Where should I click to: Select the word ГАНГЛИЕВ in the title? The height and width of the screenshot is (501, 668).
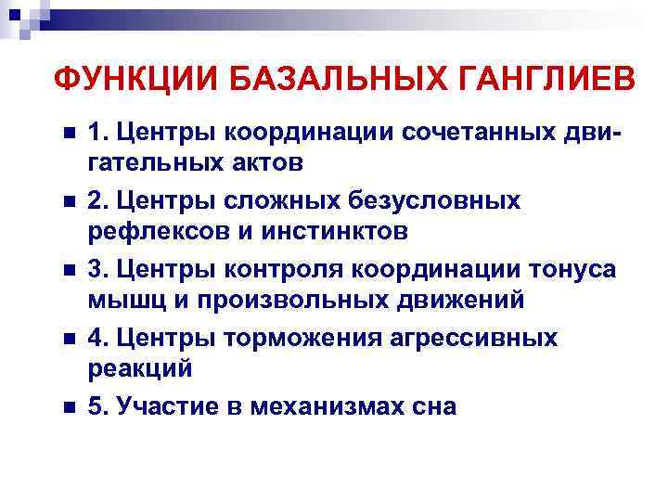coord(545,81)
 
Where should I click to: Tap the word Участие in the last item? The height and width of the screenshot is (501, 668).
coord(165,407)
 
